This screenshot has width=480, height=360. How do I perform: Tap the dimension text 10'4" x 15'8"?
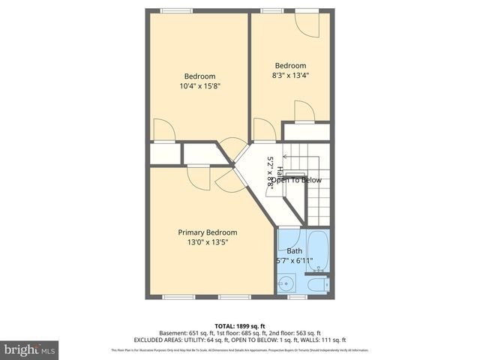click(199, 86)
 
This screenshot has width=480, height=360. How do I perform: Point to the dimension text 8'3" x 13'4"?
click(289, 75)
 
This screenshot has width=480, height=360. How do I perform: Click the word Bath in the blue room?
click(294, 251)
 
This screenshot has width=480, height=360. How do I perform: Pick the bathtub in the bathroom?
click(319, 251)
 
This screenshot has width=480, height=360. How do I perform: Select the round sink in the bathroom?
click(286, 284)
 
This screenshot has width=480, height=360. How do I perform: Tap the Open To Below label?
click(295, 180)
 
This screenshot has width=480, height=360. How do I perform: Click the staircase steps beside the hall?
click(319, 195)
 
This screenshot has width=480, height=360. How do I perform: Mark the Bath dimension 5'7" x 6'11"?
click(294, 261)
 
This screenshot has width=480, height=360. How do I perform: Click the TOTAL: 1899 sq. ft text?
click(240, 325)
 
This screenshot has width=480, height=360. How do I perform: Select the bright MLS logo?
click(30, 349)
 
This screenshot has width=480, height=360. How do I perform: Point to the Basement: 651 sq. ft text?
click(186, 333)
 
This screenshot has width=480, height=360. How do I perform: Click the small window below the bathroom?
click(298, 296)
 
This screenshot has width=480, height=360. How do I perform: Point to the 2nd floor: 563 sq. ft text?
click(294, 333)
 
